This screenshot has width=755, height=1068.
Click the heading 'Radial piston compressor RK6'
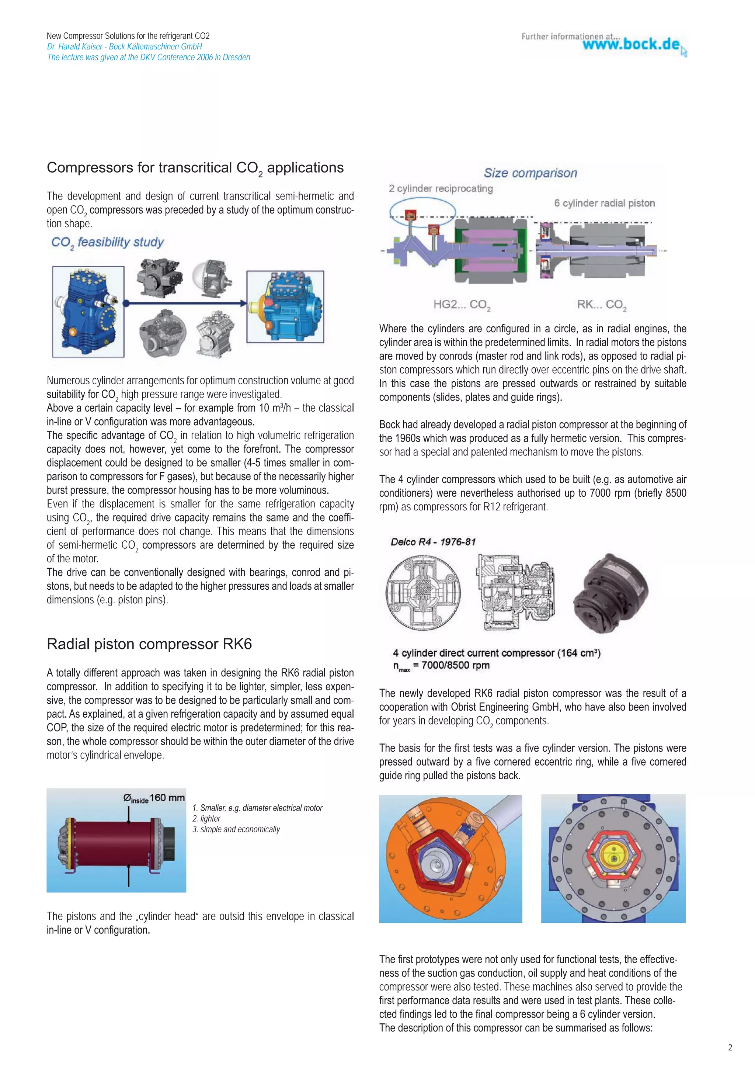[x=149, y=644]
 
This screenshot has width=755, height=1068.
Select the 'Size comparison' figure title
[x=530, y=173]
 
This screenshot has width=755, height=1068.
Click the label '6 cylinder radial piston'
[x=604, y=203]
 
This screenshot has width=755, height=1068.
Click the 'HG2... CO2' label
[x=462, y=305]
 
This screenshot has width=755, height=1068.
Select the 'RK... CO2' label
[x=602, y=305]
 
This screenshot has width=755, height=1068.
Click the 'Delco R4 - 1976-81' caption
[x=433, y=542]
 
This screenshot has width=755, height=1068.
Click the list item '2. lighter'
[x=206, y=818]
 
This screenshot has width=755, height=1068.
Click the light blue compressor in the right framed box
[x=285, y=307]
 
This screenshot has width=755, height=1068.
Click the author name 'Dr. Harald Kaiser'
[x=74, y=46]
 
